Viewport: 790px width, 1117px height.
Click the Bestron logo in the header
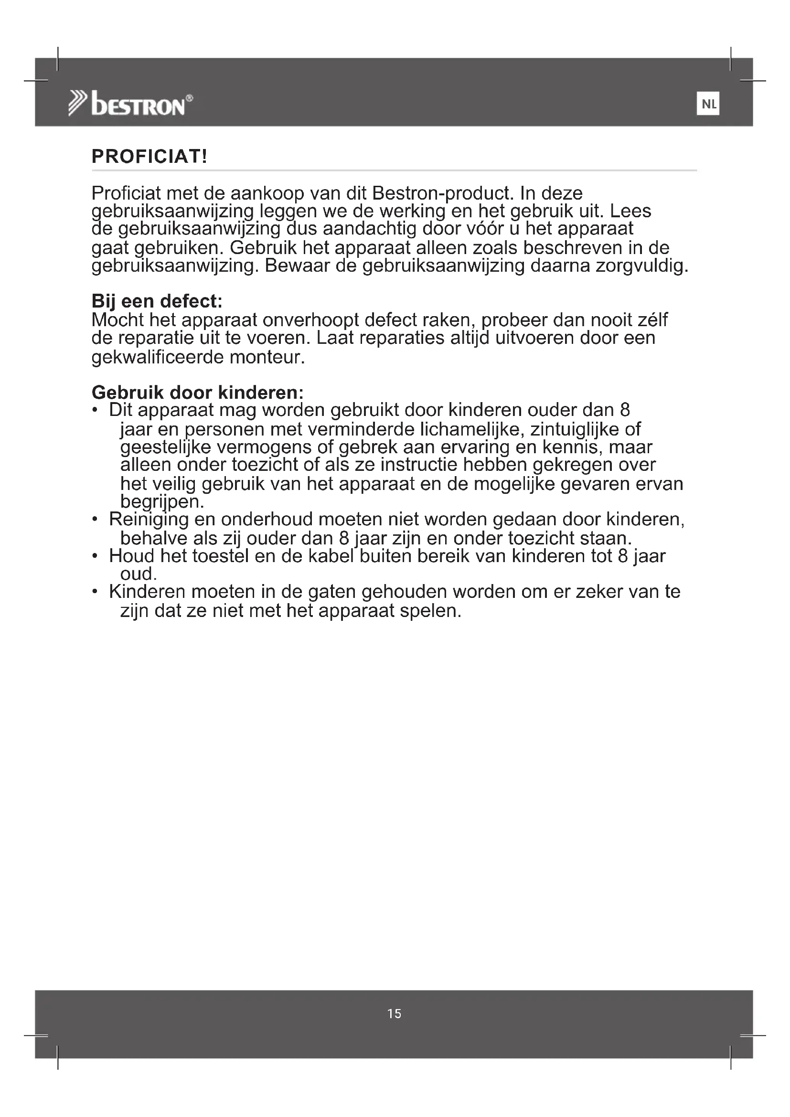click(x=130, y=104)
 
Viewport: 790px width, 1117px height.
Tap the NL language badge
click(x=708, y=104)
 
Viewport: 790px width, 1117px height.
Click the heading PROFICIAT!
click(x=149, y=157)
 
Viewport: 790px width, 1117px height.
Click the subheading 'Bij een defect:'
click(x=157, y=301)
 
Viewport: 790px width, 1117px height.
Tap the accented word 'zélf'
click(x=651, y=319)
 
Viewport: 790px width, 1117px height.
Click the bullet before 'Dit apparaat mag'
click(x=95, y=410)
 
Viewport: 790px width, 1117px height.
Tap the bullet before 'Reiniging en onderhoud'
click(x=95, y=520)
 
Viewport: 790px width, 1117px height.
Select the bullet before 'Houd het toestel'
click(x=95, y=556)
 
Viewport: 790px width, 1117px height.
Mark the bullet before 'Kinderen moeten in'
click(x=95, y=592)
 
